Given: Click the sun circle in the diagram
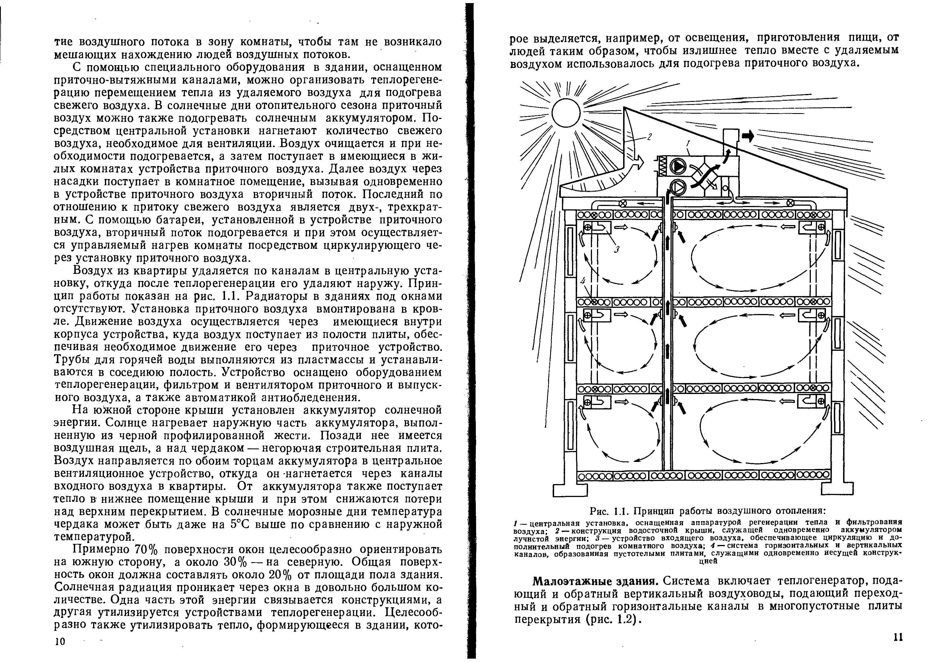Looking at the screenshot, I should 566,112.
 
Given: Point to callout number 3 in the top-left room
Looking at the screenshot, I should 616,249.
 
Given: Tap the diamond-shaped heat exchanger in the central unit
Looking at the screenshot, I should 706,177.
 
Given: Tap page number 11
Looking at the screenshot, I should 898,637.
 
